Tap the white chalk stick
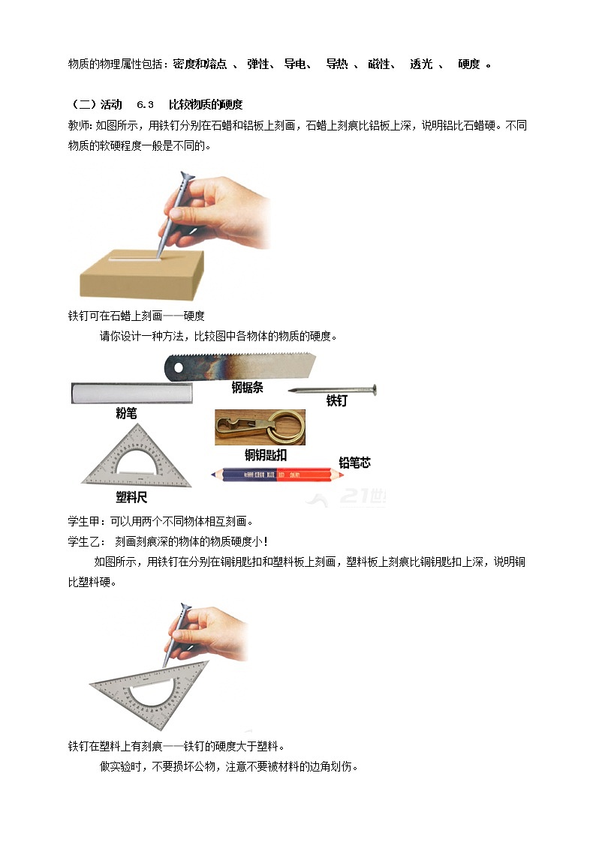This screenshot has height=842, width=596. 131,393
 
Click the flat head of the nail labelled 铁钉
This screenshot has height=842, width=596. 373,390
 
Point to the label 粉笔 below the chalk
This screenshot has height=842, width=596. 126,413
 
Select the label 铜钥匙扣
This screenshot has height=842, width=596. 265,454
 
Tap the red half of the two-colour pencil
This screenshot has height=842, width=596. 303,474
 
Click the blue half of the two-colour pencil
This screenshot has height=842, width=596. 244,474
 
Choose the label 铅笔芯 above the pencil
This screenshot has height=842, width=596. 354,463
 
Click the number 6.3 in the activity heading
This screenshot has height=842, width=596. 145,104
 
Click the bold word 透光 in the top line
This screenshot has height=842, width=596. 421,64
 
